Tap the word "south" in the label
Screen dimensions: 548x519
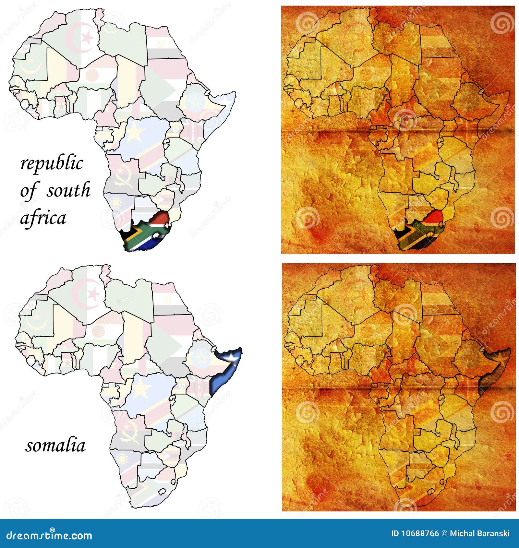pos(68,190)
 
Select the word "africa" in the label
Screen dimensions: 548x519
pos(43,218)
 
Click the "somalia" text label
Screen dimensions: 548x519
pos(55,446)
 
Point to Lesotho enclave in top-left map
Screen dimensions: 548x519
pos(157,235)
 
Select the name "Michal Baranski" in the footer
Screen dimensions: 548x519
pos(480,533)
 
